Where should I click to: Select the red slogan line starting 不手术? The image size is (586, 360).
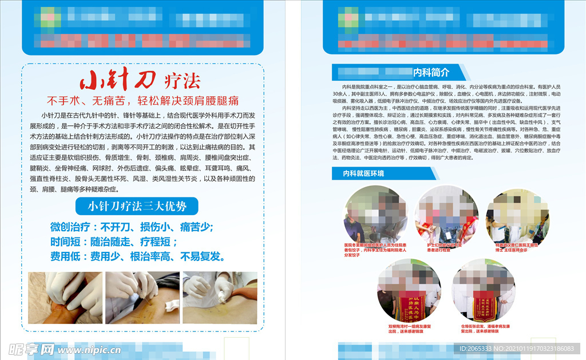click(x=142, y=101)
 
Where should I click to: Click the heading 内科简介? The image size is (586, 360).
click(x=431, y=73)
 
